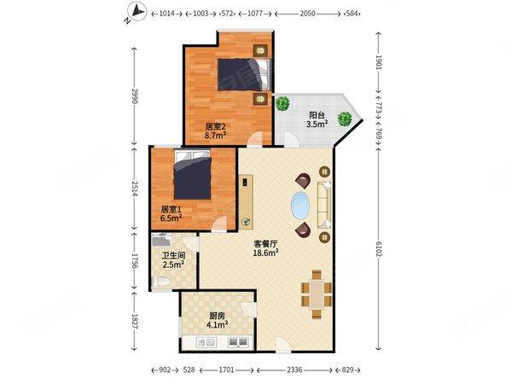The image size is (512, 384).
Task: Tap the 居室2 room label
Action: pyautogui.click(x=214, y=126)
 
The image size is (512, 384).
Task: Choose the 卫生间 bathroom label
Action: pyautogui.click(x=173, y=254)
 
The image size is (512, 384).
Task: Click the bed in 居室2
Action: pyautogui.click(x=242, y=74)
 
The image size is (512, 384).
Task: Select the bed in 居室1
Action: pyautogui.click(x=193, y=176)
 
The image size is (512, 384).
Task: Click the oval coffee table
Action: pyautogui.click(x=302, y=206)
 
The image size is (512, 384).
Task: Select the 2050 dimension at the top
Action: pyautogui.click(x=309, y=15)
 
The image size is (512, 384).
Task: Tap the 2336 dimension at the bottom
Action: pyautogui.click(x=294, y=370)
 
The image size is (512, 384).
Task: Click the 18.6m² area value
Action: pyautogui.click(x=265, y=253)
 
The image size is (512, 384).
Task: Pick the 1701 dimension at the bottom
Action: pyautogui.click(x=228, y=370)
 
